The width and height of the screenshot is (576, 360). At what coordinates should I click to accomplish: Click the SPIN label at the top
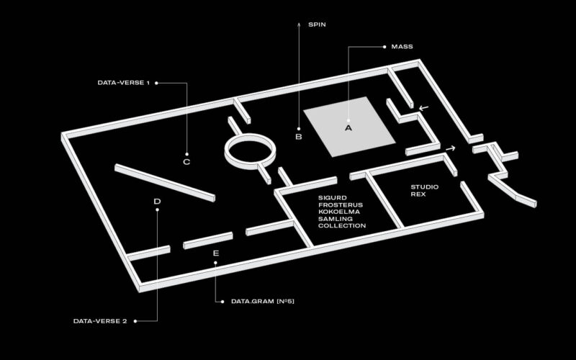click(x=317, y=24)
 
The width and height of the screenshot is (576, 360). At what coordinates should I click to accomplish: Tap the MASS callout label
click(x=402, y=47)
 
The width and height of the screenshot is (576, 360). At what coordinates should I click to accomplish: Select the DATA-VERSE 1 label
click(x=123, y=83)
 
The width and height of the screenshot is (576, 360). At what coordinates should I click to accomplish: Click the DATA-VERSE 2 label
click(x=100, y=321)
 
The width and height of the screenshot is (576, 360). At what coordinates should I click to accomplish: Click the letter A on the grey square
click(x=348, y=128)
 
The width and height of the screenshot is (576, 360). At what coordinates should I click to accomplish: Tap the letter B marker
click(x=299, y=136)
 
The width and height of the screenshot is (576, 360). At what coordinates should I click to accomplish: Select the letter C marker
click(x=186, y=162)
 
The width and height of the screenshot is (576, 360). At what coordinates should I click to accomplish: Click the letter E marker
click(x=216, y=253)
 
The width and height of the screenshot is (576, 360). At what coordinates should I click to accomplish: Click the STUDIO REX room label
click(x=424, y=191)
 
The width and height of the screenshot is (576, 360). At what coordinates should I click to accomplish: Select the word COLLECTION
click(x=342, y=226)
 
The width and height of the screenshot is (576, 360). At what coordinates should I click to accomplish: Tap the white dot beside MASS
click(x=384, y=47)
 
